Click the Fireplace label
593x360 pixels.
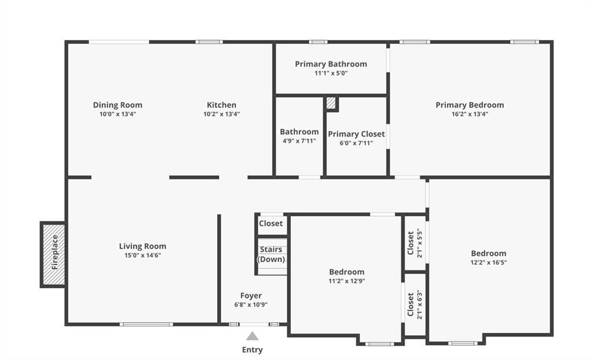coord(55,252)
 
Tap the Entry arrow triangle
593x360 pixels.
coord(252,336)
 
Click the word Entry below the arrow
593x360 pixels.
coord(252,350)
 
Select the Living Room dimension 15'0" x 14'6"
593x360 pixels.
coord(142,255)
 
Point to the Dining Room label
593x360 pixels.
coord(118,105)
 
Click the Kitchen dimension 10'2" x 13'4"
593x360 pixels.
coord(222,114)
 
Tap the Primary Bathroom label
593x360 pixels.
coord(331,64)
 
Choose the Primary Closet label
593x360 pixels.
coord(356,134)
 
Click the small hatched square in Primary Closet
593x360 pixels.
coord(331,104)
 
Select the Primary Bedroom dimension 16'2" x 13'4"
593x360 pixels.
coord(470,114)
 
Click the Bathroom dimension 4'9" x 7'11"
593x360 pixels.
coord(299,141)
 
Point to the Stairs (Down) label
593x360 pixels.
coord(271,254)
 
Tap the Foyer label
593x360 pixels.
coord(251,296)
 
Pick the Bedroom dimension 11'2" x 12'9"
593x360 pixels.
coord(347,281)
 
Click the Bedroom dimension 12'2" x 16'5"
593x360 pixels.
coord(489,262)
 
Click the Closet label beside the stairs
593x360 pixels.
coord(271,223)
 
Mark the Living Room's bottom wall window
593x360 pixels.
coord(146,324)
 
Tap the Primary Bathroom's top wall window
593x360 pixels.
coord(318,42)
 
